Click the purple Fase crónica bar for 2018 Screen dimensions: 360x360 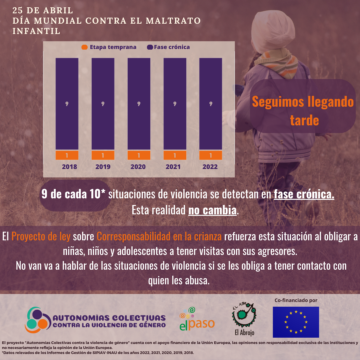(67, 104)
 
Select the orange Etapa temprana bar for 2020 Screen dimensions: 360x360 (139, 155)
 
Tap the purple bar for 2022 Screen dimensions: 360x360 (211, 104)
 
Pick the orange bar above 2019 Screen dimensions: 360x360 (103, 155)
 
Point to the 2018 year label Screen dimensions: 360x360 (69, 167)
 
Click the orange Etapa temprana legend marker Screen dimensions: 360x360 (85, 47)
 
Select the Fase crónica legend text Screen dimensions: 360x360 (172, 47)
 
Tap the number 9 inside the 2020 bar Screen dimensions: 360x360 (139, 104)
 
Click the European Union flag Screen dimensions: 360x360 (296, 322)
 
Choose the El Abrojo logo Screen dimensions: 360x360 (244, 319)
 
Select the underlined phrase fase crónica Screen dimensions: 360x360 (304, 195)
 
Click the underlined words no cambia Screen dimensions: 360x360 (213, 210)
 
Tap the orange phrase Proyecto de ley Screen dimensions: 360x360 (41, 237)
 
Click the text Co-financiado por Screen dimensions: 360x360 (296, 300)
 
